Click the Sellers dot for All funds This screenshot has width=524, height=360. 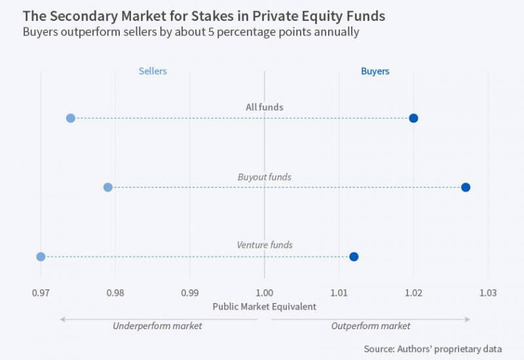(x=71, y=118)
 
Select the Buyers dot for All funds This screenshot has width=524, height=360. (x=413, y=118)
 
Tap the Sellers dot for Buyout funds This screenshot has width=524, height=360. (x=108, y=187)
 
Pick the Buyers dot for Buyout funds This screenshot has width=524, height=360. (x=466, y=187)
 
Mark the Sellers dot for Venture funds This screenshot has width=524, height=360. (x=41, y=257)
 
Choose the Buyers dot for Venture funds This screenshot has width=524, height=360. (x=354, y=257)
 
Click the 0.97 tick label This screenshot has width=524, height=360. (x=41, y=292)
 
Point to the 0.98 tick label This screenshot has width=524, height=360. (x=115, y=292)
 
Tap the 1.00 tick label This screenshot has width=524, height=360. (x=265, y=292)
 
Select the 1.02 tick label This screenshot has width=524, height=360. (x=413, y=292)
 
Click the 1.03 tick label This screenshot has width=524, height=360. (x=488, y=292)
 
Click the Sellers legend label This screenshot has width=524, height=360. (x=153, y=71)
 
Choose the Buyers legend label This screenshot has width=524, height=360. (x=375, y=71)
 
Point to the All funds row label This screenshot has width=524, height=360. (x=265, y=107)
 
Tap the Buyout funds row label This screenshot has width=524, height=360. (x=265, y=177)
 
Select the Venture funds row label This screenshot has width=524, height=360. (x=265, y=245)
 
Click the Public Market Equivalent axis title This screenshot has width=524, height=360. (x=265, y=306)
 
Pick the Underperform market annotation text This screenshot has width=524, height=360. (x=157, y=326)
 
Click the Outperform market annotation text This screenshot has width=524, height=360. (x=371, y=326)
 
